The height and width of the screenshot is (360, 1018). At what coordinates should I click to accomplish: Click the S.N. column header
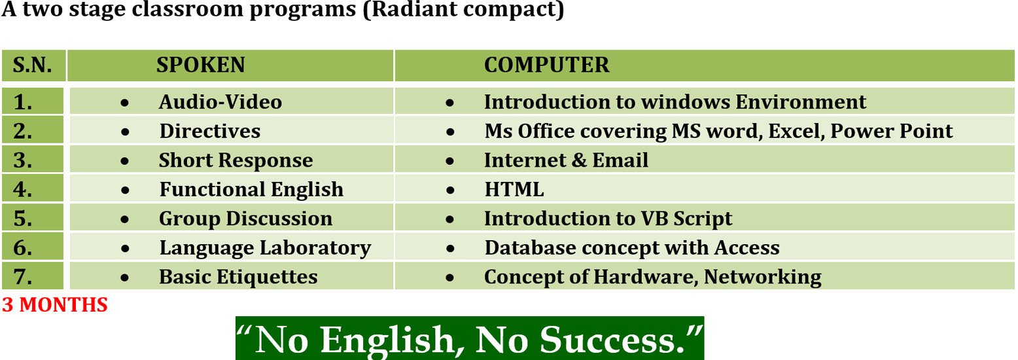coord(32,65)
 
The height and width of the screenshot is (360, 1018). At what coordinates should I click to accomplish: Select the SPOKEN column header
coord(200,65)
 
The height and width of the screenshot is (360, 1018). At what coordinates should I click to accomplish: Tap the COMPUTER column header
coord(546,65)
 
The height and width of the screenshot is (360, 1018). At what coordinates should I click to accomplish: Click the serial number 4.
coord(23,189)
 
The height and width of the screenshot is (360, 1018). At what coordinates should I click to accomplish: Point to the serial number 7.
coord(23,277)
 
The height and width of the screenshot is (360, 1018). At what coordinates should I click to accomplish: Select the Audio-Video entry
coord(220,102)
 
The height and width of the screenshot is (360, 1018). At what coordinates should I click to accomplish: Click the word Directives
coord(210,131)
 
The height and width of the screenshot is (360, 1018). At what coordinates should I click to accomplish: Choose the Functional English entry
coord(251,190)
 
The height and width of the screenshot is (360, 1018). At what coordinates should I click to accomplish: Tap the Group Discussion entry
coord(246,219)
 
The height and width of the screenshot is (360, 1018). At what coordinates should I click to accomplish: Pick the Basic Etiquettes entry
coord(238,277)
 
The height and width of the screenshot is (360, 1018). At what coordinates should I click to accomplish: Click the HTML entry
coord(514,190)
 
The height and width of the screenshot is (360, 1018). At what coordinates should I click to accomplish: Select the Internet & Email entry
coord(567,160)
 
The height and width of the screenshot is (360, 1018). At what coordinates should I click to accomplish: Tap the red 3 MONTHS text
coord(55,304)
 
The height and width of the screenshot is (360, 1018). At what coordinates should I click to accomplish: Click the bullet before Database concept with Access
coord(450,248)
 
